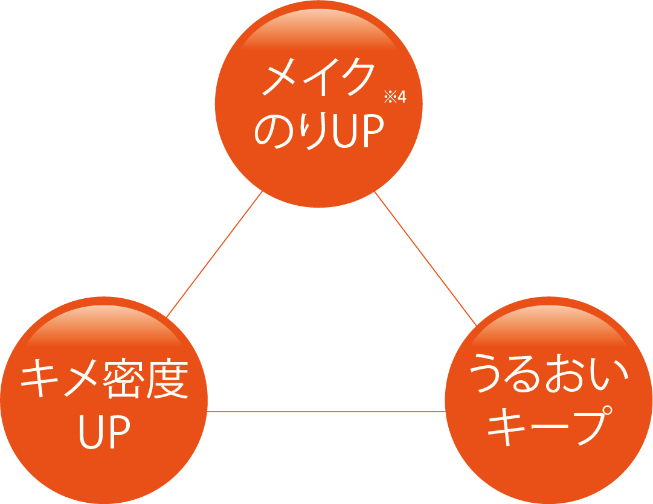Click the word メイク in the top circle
[318, 78]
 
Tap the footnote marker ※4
[395, 97]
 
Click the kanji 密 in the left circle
[125, 381]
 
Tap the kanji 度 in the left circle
[167, 381]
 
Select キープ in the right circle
[546, 427]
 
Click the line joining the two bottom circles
[326, 412]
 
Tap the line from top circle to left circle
[214, 254]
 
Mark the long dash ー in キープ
[546, 428]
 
